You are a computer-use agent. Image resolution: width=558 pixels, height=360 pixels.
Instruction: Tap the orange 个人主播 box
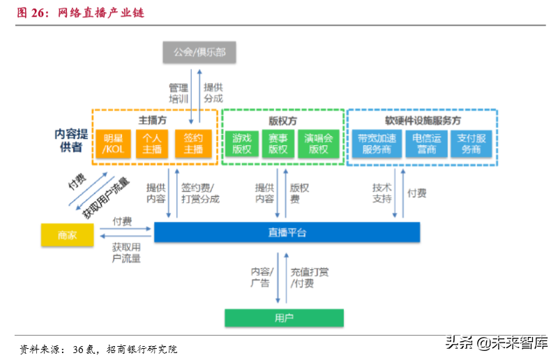coord(152,143)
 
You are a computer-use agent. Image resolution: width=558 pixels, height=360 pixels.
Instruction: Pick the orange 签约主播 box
coord(193,143)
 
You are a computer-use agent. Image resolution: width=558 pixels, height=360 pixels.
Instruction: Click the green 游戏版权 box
coord(242,143)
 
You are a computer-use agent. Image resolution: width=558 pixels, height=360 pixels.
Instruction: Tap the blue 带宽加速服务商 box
coord(377,143)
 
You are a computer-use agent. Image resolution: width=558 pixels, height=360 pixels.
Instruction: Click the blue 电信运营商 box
coord(425,143)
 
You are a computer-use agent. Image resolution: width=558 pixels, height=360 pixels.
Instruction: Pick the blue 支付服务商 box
coord(472,143)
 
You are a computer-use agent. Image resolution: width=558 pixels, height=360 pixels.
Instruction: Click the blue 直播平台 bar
coord(287,232)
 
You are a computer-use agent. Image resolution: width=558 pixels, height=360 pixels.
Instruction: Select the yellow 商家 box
coord(68,235)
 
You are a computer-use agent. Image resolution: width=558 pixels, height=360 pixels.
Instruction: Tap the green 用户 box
coord(284,318)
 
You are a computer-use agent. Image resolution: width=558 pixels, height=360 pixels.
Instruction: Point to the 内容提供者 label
coord(72,140)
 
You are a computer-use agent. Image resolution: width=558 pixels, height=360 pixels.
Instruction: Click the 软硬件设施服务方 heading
coord(423,119)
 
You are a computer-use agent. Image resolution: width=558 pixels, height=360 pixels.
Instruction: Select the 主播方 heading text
coord(152,119)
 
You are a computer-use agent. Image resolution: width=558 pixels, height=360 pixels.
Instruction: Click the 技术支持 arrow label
coord(382,193)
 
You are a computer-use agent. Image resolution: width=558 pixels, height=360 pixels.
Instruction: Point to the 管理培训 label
coord(179,93)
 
